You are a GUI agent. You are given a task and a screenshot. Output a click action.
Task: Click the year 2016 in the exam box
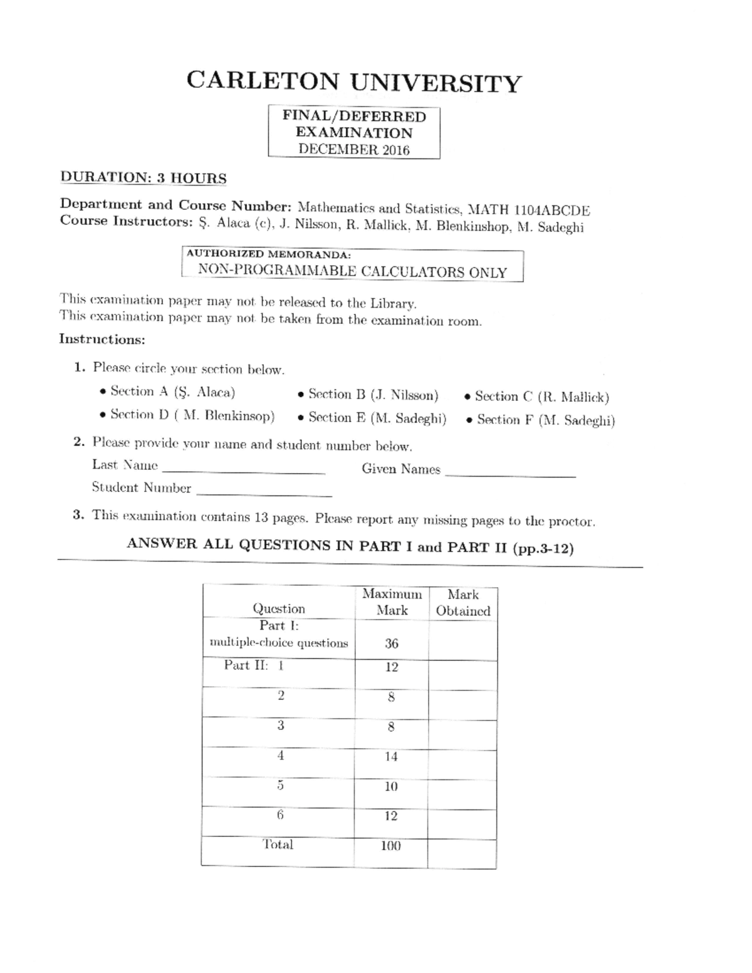[x=395, y=150]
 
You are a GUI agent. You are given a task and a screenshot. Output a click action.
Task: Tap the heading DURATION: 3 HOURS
[x=143, y=178]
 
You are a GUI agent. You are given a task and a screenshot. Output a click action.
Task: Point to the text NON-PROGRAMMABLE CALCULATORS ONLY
[x=352, y=272]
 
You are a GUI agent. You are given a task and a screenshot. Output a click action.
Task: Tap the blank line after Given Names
[x=509, y=475]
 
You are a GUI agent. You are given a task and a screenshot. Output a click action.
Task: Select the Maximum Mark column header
[x=392, y=602]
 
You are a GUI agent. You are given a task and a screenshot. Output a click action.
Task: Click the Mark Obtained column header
[x=463, y=603]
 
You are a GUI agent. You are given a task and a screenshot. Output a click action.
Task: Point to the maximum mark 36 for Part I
[x=392, y=643]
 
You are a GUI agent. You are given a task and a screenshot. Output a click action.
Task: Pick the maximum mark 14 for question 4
[x=391, y=757]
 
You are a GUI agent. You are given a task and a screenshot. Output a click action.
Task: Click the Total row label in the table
[x=278, y=845]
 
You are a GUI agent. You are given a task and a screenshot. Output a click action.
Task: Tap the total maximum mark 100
[x=391, y=846]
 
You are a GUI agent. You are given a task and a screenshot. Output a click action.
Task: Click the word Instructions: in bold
[x=102, y=339]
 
